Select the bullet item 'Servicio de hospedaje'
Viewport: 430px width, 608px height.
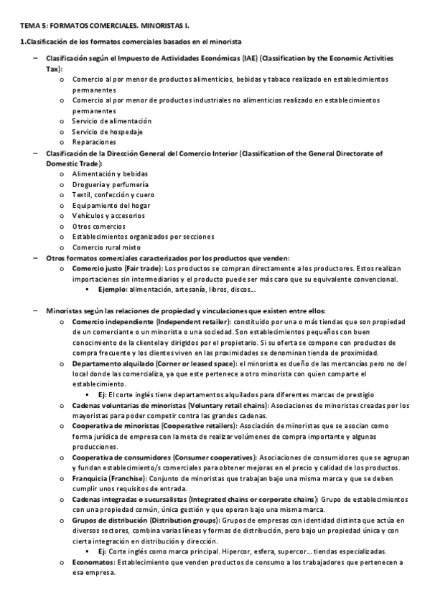[107, 132]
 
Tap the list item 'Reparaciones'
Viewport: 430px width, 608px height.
[94, 142]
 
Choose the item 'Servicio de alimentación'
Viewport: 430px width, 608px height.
[111, 121]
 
